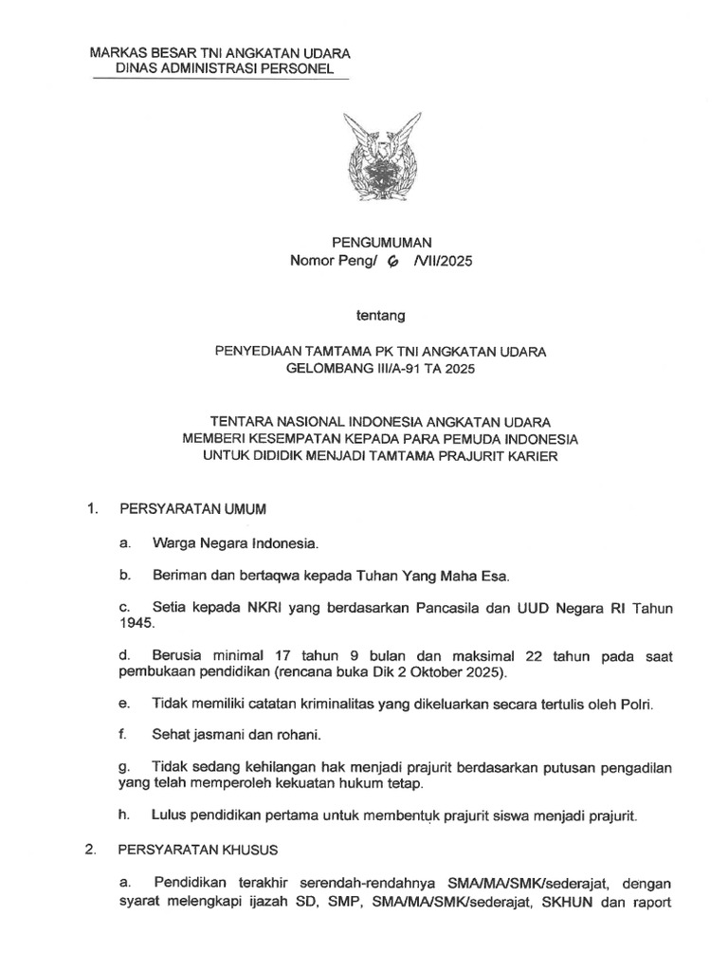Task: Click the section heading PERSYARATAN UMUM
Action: coord(192,509)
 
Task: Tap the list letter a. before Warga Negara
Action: coord(124,544)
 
